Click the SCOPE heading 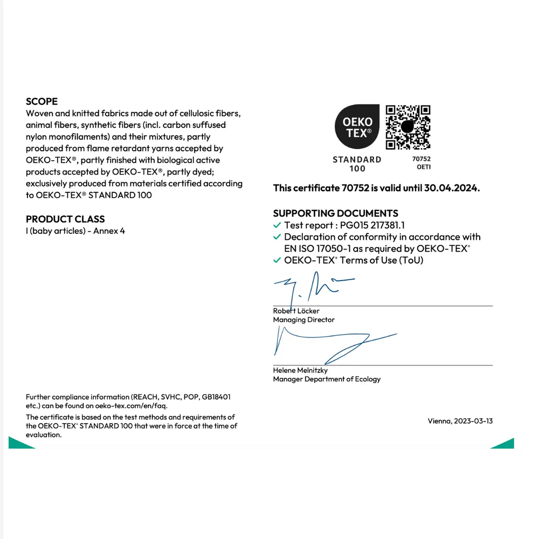tap(42, 101)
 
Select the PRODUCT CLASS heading tap(65, 219)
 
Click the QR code tap(409, 127)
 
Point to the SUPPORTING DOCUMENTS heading tap(335, 213)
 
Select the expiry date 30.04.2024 tap(452, 188)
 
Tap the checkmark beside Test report tap(277, 225)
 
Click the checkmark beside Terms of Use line tap(277, 260)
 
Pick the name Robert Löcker tap(296, 311)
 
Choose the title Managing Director tap(303, 320)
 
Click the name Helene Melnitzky tap(300, 370)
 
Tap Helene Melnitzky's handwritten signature tap(329, 345)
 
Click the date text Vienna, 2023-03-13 tap(460, 421)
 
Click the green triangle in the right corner tap(505, 444)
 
